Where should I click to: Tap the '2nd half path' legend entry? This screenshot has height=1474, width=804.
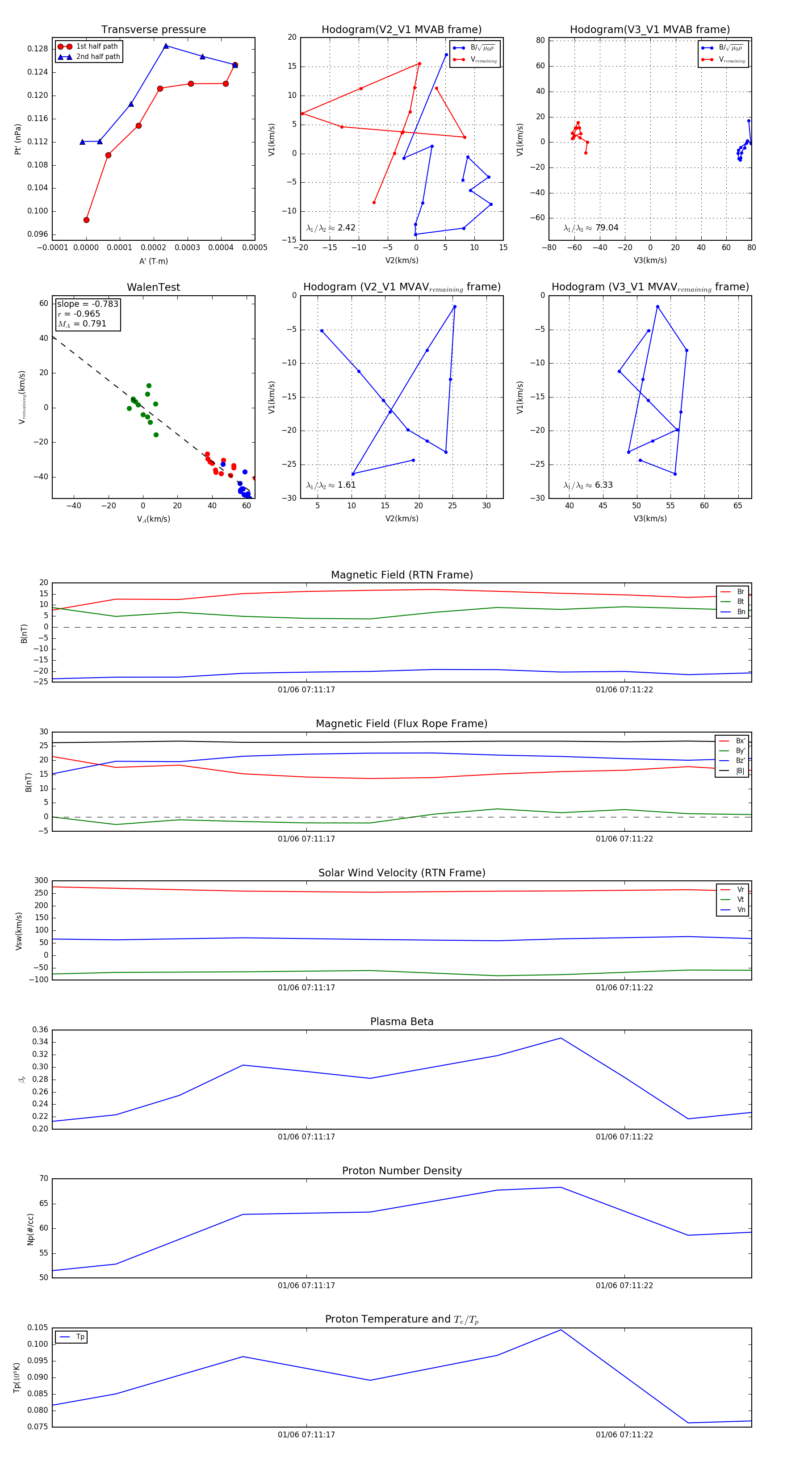(x=98, y=57)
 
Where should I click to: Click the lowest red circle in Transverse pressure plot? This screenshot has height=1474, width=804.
(x=86, y=220)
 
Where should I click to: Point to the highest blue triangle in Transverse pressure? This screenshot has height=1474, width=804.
(x=166, y=46)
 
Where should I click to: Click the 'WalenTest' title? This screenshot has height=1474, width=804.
(x=153, y=287)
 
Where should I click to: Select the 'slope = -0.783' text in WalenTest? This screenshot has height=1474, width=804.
(x=88, y=304)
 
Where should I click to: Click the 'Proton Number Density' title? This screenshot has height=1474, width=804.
(x=402, y=1171)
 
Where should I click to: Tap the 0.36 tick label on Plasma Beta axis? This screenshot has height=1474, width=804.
(x=40, y=1030)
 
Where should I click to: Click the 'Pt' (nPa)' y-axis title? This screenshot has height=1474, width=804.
(x=18, y=139)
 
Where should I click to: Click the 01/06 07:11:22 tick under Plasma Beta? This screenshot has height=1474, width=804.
(x=624, y=1136)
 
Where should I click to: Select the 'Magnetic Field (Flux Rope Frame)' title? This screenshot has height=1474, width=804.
(x=402, y=724)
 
